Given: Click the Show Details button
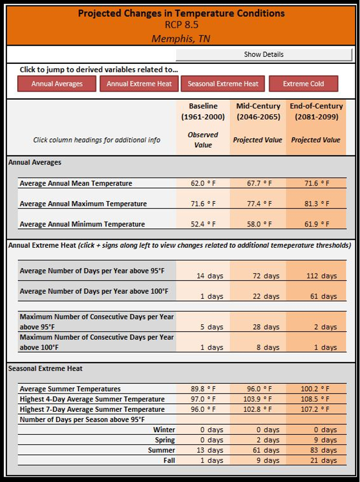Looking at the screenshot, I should coord(264,54).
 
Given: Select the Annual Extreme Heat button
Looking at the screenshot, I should coord(139,84).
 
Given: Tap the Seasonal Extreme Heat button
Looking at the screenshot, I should coord(223,84).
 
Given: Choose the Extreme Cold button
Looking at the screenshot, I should coord(303,84).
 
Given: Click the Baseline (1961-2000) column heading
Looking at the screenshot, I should coord(203,112).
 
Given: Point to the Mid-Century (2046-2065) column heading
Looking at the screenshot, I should coord(258,112).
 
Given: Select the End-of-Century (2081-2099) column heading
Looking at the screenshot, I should coord(316,112).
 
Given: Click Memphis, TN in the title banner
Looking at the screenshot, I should coord(181,38).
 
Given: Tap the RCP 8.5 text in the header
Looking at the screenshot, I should coord(181,25).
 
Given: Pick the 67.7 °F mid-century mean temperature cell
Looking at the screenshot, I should coord(258,183).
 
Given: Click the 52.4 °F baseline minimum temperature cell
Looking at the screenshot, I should coord(203,224).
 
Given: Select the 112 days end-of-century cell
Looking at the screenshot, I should coord(316,276).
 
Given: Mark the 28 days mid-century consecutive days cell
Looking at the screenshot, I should coord(258,327).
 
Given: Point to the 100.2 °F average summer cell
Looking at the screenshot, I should coord(316,389).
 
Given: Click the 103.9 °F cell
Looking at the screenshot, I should coord(258,399).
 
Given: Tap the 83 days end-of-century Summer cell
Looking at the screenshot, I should coord(316,450).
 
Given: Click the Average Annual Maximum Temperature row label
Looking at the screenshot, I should coord(83,204).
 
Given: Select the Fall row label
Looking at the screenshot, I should coord(168,460).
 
